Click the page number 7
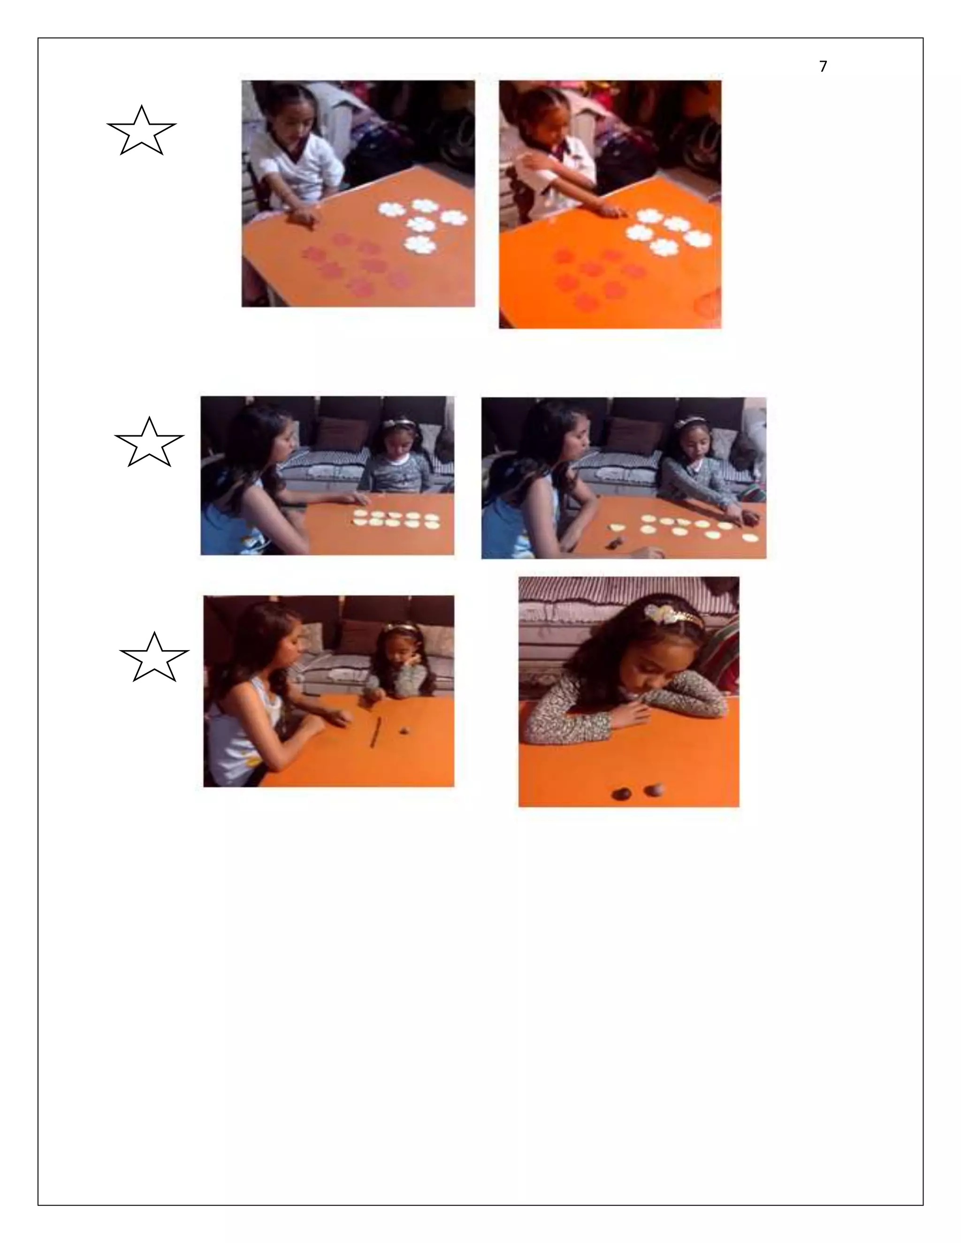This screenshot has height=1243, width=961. (x=823, y=67)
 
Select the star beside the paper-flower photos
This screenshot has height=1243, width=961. (x=141, y=131)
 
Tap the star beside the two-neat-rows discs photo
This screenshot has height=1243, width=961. (x=149, y=442)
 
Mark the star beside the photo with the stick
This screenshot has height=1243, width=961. (x=154, y=657)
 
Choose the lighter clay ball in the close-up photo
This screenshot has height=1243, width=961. (x=654, y=790)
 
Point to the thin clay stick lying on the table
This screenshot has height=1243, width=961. (x=377, y=730)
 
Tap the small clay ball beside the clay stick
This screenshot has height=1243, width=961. (x=404, y=730)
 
